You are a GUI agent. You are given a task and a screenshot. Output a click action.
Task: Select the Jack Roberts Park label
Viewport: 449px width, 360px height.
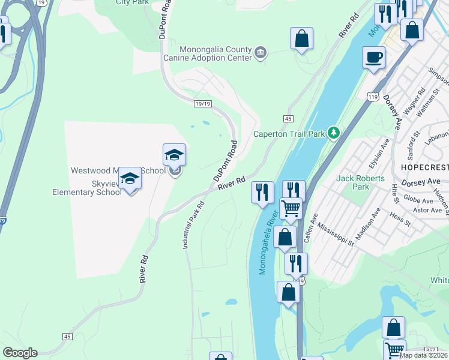(x=352, y=182)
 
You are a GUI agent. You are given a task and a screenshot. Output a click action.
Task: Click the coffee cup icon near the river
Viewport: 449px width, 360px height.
(x=373, y=58)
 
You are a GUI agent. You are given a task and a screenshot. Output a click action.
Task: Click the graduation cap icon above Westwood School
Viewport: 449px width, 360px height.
(x=174, y=155)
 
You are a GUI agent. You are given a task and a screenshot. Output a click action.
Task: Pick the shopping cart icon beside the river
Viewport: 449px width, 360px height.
(x=291, y=209)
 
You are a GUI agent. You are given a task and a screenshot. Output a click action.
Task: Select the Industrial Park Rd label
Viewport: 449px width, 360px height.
(x=194, y=226)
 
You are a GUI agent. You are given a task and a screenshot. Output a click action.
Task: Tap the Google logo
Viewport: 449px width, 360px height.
(x=20, y=353)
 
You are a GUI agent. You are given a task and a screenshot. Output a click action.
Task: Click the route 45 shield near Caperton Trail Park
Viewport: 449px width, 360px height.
(x=289, y=119)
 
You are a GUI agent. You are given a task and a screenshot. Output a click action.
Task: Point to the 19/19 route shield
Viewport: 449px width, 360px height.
(x=203, y=104)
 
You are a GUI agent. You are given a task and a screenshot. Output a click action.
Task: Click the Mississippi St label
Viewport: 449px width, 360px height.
(x=333, y=231)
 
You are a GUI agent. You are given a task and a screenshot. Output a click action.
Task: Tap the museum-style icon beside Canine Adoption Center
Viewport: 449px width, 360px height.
(x=261, y=53)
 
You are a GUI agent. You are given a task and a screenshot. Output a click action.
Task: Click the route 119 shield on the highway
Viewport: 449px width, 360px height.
(x=373, y=96)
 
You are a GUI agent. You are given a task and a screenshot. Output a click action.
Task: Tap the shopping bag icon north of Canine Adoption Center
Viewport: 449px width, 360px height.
(x=301, y=38)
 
